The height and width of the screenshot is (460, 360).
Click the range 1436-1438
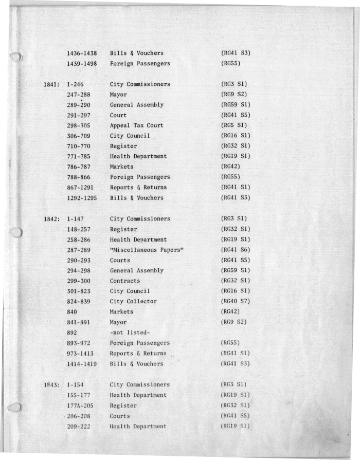point(82,53)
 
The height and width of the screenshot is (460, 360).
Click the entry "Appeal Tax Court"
point(136,125)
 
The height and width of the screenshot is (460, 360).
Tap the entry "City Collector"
point(133,302)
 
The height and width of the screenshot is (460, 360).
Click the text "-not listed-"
point(130,333)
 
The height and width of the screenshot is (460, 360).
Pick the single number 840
point(73,312)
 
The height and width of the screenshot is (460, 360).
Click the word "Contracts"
point(124,281)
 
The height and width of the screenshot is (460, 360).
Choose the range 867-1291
point(82,188)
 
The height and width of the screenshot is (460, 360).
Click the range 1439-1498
point(82,64)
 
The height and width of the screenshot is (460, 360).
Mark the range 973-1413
point(82,354)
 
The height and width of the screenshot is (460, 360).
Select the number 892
point(73,333)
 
